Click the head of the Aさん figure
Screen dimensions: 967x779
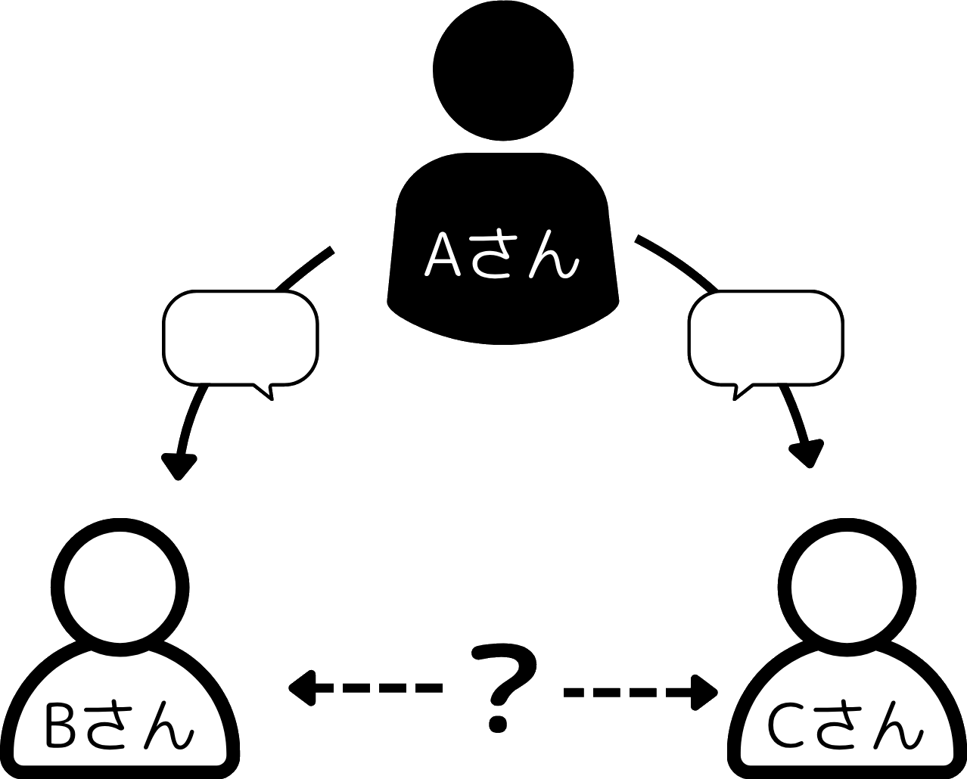(x=503, y=70)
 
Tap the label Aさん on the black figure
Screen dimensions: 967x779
(x=502, y=254)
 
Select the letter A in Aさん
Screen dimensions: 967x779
(x=443, y=255)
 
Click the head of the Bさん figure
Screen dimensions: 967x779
(x=120, y=587)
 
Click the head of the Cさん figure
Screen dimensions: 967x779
(x=847, y=587)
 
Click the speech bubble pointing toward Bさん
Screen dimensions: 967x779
(x=241, y=338)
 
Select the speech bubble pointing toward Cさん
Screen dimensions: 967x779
(x=766, y=338)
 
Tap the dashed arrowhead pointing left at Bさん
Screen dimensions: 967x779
(x=303, y=688)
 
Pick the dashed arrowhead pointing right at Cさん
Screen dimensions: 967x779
(x=704, y=692)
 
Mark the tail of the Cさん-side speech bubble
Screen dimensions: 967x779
(x=742, y=392)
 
